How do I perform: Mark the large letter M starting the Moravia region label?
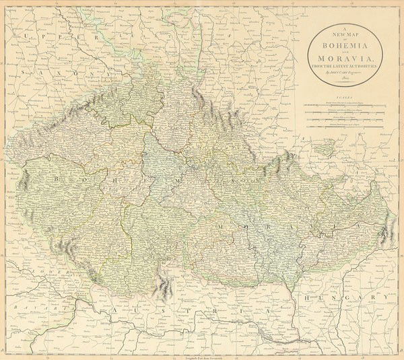click(x=220, y=228)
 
